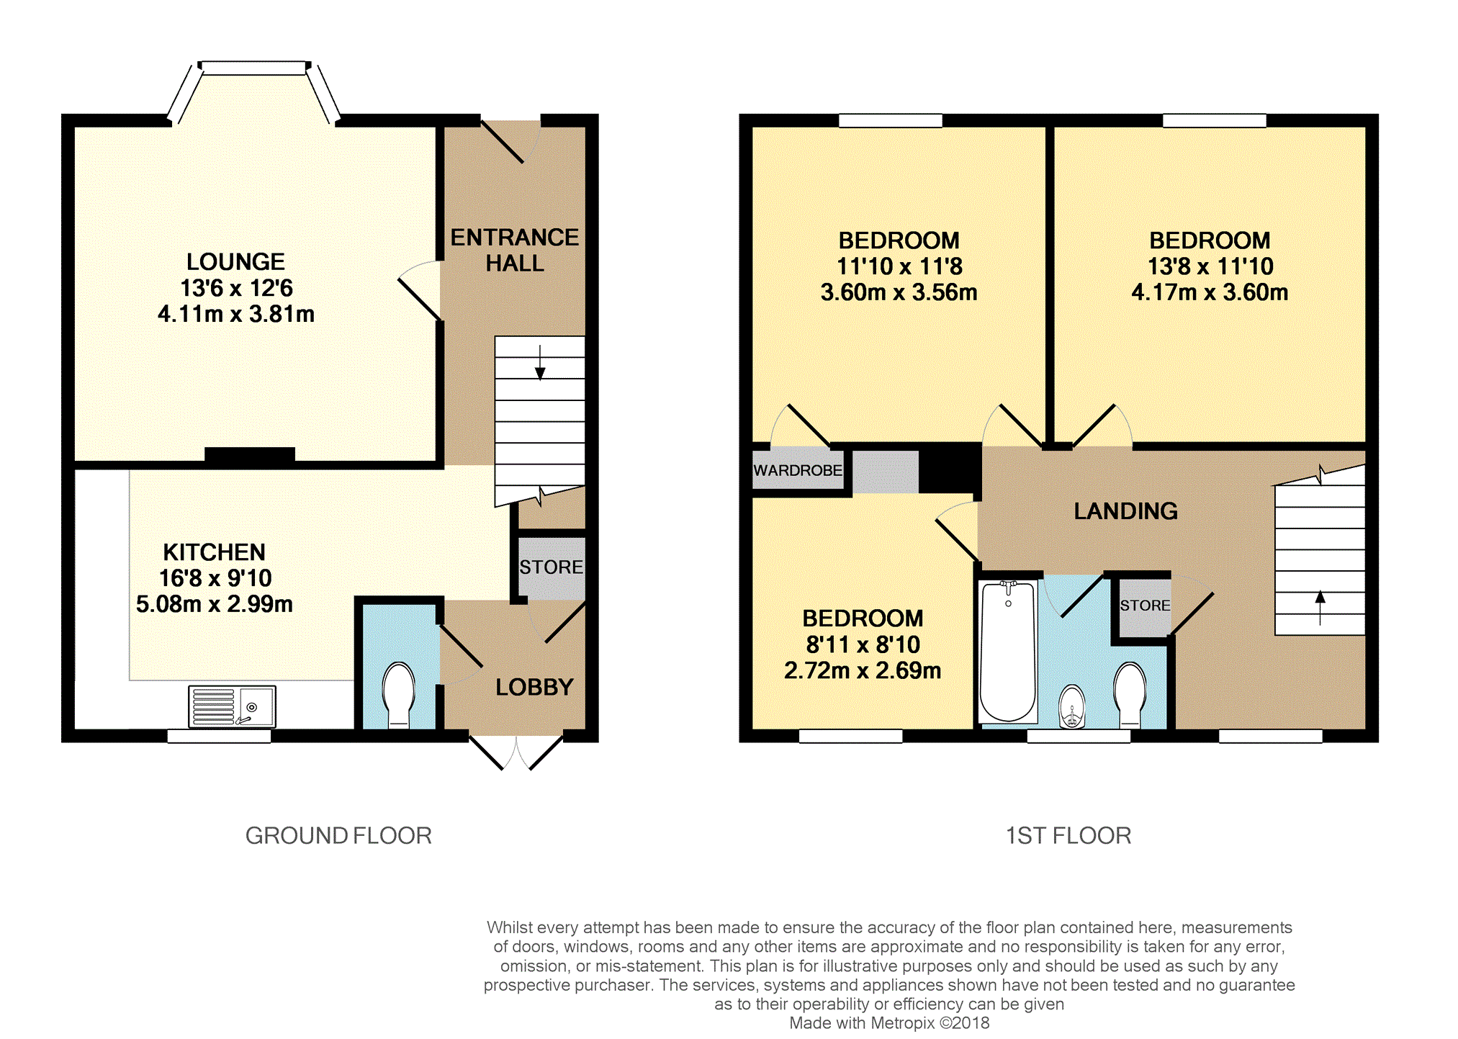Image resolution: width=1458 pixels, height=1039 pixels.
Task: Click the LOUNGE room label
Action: click(x=235, y=261)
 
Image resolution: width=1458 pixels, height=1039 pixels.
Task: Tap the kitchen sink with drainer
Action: click(x=232, y=706)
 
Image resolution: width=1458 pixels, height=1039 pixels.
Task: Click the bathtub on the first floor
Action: click(x=1008, y=652)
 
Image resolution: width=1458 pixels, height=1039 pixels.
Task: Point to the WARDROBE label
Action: click(x=798, y=470)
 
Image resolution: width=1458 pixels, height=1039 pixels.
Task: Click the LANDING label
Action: click(x=1125, y=511)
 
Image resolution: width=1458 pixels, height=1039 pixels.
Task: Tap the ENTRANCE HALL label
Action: click(x=515, y=251)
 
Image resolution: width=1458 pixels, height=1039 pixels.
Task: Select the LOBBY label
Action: click(x=534, y=688)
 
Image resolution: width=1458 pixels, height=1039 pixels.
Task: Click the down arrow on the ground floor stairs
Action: click(x=540, y=362)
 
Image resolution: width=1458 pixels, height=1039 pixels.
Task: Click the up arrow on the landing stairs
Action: click(x=1320, y=608)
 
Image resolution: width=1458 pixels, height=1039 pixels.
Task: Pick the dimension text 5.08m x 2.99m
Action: click(x=215, y=604)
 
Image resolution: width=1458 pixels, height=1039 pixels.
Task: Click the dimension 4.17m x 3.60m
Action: click(x=1210, y=292)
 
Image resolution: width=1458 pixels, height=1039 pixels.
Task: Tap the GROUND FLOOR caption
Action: click(x=338, y=835)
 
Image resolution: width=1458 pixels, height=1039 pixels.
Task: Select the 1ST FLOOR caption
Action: click(x=1068, y=835)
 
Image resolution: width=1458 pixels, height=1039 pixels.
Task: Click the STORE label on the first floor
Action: click(x=1145, y=606)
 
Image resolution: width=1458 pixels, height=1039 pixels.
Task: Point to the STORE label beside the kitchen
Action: click(x=552, y=567)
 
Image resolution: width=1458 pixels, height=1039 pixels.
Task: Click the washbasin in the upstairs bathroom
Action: click(x=1072, y=706)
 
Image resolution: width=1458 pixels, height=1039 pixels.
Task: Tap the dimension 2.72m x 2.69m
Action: click(x=863, y=671)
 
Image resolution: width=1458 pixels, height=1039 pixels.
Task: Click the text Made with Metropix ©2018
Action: click(x=889, y=1023)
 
